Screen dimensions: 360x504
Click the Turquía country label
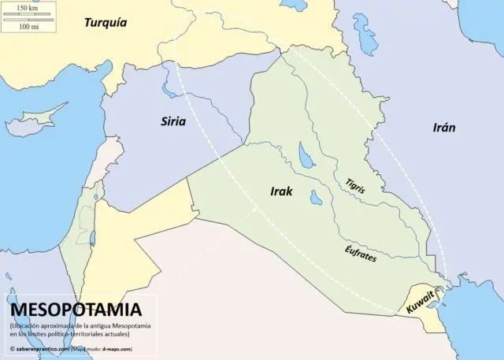point(105,22)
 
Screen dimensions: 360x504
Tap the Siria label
point(174,121)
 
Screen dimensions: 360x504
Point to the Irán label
point(443,128)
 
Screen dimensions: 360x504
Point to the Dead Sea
point(93,236)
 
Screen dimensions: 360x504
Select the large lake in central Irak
point(303,156)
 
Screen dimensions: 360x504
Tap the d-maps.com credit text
point(115,347)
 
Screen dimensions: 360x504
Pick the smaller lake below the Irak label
point(315,196)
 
